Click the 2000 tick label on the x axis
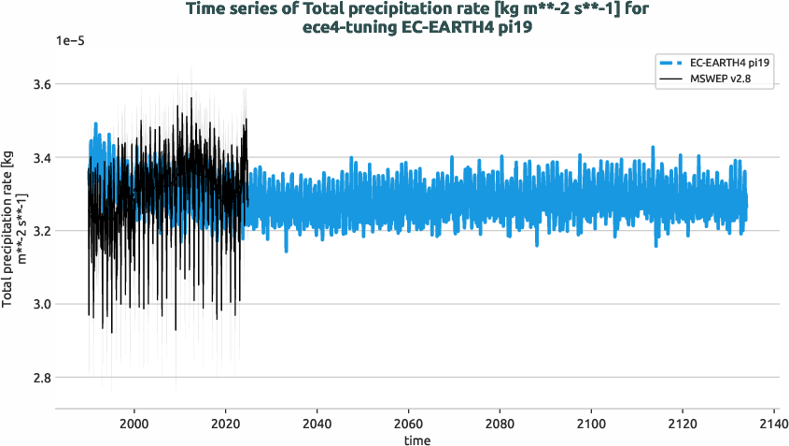(x=134, y=422)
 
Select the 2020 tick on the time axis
(x=226, y=422)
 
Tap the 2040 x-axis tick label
(x=317, y=422)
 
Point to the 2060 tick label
(x=408, y=422)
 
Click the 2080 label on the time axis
(x=500, y=422)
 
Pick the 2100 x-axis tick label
(x=591, y=422)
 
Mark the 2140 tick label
(x=773, y=422)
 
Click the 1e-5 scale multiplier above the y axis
(x=71, y=41)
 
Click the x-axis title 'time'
(x=417, y=439)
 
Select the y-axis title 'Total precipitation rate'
(x=12, y=231)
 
